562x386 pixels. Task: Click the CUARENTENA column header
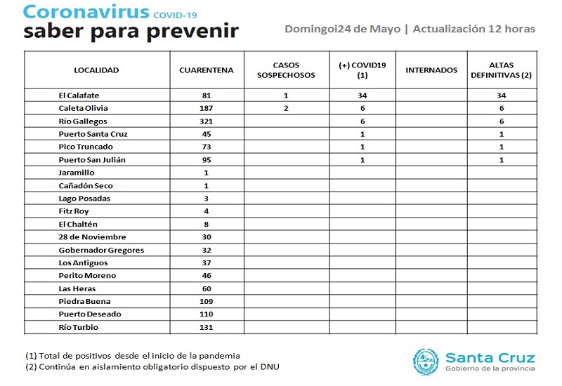pyautogui.click(x=206, y=70)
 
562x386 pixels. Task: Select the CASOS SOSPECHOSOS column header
pyautogui.click(x=286, y=70)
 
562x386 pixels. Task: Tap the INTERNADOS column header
pyautogui.click(x=431, y=70)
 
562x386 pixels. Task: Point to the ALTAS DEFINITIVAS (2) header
pyautogui.click(x=501, y=70)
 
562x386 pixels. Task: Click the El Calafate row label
pyautogui.click(x=80, y=95)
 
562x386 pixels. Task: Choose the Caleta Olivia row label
pyautogui.click(x=83, y=108)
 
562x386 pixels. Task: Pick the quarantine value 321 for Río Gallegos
pyautogui.click(x=205, y=121)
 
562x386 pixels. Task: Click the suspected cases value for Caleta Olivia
pyautogui.click(x=286, y=108)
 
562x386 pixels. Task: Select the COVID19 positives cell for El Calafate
pyautogui.click(x=362, y=95)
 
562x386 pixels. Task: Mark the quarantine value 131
pyautogui.click(x=205, y=326)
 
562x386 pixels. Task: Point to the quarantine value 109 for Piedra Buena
pyautogui.click(x=205, y=301)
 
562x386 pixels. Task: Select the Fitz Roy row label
pyautogui.click(x=74, y=211)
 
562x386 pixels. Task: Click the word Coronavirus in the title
pyautogui.click(x=86, y=12)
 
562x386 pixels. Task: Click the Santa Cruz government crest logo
pyautogui.click(x=424, y=362)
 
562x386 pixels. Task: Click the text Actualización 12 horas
pyautogui.click(x=474, y=29)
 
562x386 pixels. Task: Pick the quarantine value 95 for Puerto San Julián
pyautogui.click(x=205, y=159)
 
